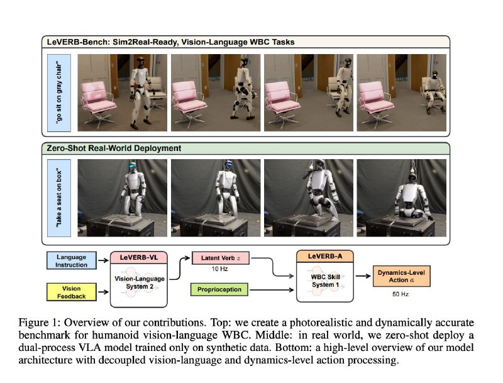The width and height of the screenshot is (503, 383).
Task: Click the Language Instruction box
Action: tap(72, 260)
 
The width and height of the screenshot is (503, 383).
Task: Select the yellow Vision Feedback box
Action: tap(72, 292)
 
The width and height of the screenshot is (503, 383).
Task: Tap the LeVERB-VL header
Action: tap(139, 258)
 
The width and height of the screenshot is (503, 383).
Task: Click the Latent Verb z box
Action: tap(221, 258)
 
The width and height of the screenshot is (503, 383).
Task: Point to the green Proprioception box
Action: tap(219, 289)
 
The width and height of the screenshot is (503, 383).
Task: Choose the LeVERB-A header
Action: tap(325, 257)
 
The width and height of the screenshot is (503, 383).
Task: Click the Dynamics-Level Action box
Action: tap(401, 276)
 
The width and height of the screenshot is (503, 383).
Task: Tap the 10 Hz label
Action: tap(219, 269)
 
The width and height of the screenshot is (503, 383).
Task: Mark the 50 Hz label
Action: tap(401, 294)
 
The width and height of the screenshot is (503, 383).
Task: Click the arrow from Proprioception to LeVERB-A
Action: tap(272, 290)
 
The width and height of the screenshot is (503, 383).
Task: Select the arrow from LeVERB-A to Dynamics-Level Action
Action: tap(363, 276)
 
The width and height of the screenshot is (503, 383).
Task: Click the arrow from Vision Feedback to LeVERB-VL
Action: tap(103, 292)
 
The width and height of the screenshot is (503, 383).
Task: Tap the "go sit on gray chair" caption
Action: tap(59, 92)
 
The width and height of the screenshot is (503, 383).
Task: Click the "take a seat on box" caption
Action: tap(59, 198)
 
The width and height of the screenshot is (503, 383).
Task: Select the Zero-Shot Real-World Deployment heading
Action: tap(114, 148)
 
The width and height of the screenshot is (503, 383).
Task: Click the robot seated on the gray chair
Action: tap(434, 91)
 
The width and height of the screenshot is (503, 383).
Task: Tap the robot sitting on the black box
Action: tap(412, 197)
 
